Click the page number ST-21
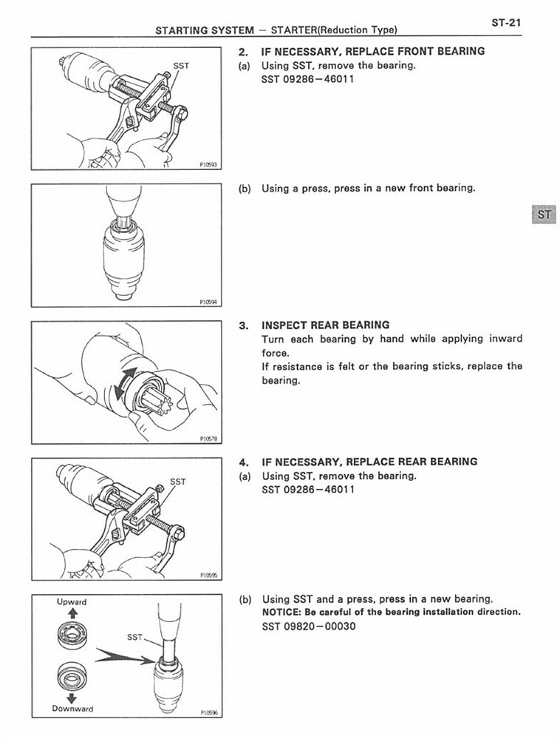[x=506, y=22]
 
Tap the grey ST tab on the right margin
[x=544, y=215]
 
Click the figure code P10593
[x=208, y=165]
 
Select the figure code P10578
[x=208, y=439]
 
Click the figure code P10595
[x=208, y=575]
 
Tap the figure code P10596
[x=208, y=713]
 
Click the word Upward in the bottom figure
[x=72, y=602]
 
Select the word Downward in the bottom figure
[x=72, y=709]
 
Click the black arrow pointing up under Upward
[x=72, y=613]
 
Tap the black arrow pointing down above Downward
[x=72, y=698]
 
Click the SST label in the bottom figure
[x=134, y=637]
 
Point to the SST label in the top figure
[x=181, y=66]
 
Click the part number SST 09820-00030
[x=309, y=627]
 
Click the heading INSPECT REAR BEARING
[x=326, y=325]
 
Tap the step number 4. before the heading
[x=243, y=462]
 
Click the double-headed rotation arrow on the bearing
[x=126, y=382]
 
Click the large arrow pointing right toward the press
[x=125, y=657]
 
